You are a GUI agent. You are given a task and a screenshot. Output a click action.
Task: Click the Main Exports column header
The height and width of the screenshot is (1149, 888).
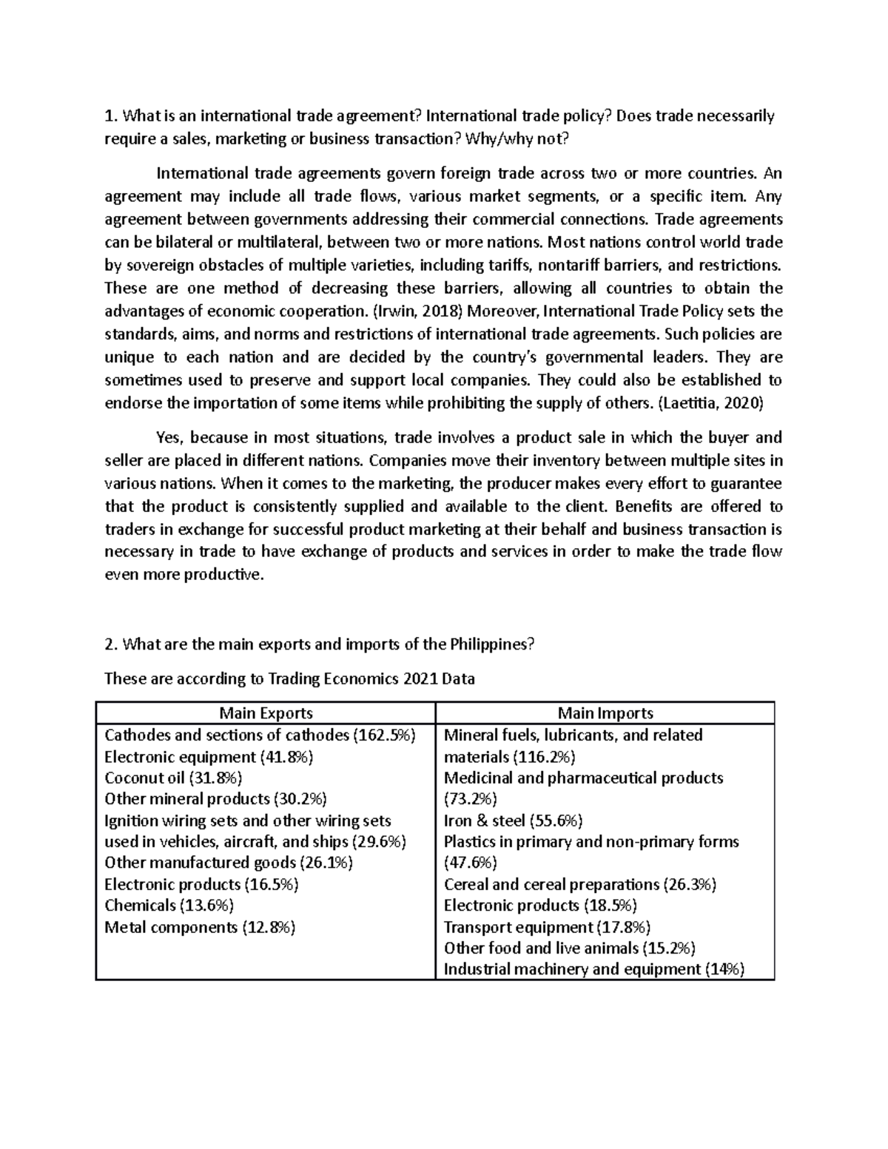[266, 713]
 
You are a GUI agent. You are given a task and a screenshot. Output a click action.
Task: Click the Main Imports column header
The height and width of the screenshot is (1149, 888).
[605, 713]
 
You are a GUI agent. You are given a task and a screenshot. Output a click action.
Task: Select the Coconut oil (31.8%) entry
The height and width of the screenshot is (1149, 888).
[173, 778]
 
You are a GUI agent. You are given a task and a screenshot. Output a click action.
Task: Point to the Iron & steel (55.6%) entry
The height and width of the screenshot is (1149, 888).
[513, 820]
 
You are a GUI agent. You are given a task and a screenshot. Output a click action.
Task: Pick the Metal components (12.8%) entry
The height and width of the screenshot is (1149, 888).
[200, 927]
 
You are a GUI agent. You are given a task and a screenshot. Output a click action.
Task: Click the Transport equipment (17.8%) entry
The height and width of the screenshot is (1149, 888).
[547, 927]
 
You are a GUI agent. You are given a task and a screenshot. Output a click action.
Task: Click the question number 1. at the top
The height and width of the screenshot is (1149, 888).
[111, 116]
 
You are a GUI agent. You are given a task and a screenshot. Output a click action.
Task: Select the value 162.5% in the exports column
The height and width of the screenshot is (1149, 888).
[385, 735]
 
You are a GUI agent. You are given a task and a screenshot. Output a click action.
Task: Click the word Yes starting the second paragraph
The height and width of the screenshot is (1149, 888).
[169, 437]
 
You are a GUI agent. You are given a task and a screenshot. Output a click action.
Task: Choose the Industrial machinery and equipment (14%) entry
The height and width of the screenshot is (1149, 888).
[593, 969]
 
